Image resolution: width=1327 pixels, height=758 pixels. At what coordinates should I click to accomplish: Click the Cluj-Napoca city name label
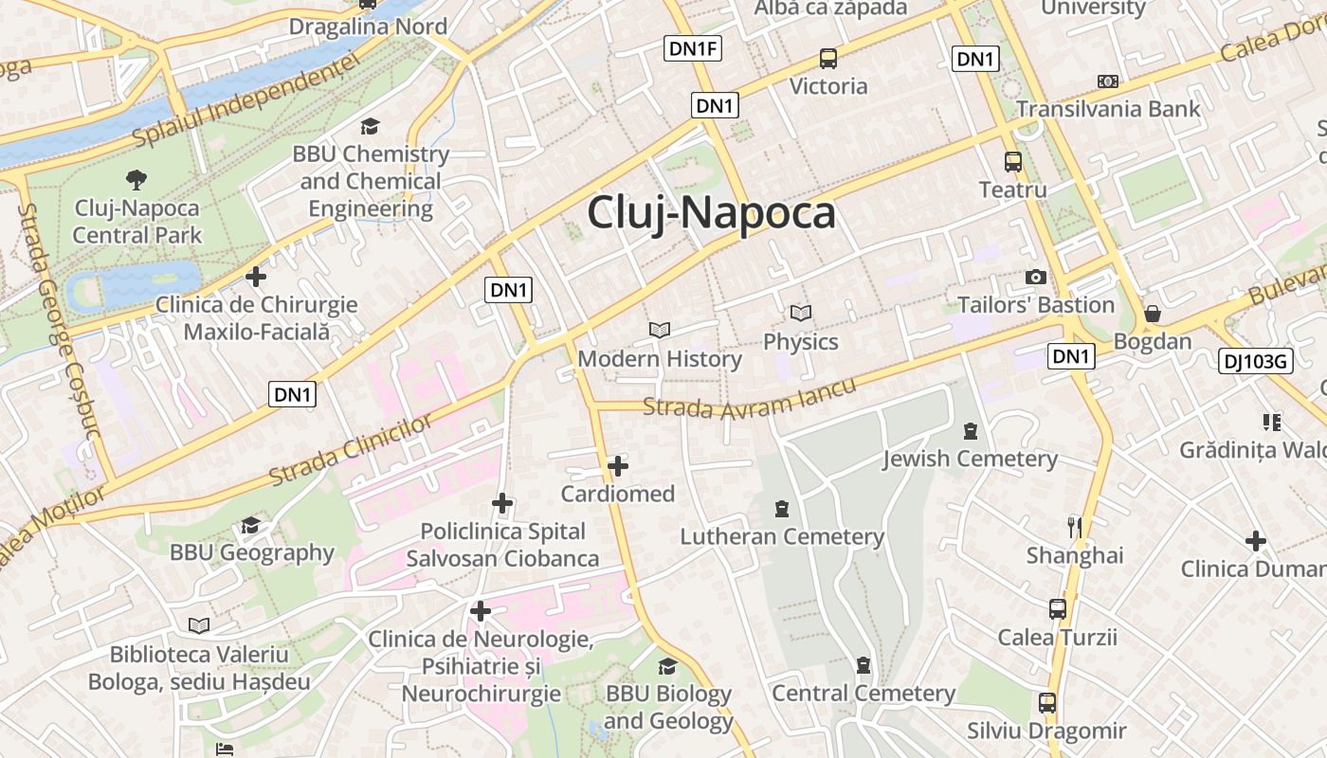tap(711, 213)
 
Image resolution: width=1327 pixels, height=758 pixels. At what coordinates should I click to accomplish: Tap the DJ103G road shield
tap(1256, 360)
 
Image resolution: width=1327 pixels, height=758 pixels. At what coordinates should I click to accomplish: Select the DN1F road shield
tap(693, 49)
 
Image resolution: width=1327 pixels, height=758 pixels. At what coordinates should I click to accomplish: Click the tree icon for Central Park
tap(136, 179)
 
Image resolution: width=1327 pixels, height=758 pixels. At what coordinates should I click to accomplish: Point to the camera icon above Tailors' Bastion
tap(1036, 277)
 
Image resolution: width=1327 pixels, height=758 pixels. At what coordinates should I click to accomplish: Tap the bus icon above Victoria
tap(828, 59)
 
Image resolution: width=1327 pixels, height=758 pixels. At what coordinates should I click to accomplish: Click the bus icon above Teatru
tap(1013, 162)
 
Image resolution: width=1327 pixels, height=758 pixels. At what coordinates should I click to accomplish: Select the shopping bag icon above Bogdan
tap(1153, 314)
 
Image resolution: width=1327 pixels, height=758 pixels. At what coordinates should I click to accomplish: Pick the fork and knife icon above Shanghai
tap(1074, 527)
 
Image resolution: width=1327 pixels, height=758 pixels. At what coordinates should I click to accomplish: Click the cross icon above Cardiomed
tap(618, 466)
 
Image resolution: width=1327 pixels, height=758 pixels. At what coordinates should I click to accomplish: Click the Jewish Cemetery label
tap(970, 459)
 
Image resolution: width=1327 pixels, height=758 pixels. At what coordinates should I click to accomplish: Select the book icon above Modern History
tap(660, 330)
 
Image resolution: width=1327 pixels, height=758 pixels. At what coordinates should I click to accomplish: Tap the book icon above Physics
tap(801, 313)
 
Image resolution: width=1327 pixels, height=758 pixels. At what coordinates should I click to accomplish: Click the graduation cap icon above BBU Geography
tap(251, 525)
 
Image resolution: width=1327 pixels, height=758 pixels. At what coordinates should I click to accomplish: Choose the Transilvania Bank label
tap(1108, 109)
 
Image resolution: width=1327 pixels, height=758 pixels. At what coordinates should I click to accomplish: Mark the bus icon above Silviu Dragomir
tap(1046, 703)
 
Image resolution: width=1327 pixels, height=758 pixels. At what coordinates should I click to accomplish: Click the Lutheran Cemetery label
tap(782, 536)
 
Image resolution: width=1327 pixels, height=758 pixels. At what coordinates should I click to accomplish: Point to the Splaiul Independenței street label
tap(246, 99)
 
